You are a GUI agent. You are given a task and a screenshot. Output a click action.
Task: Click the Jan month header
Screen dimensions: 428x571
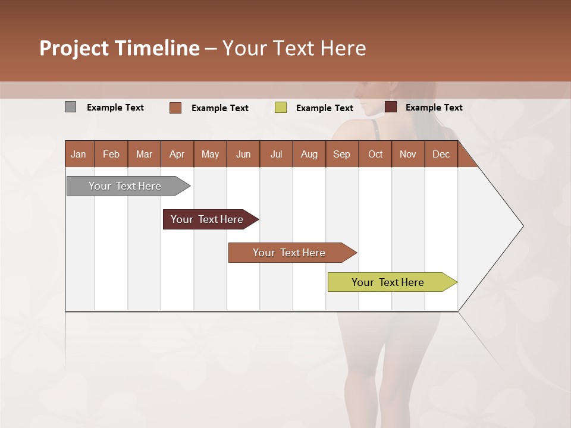(79, 154)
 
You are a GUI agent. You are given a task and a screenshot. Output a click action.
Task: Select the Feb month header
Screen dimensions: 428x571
(111, 154)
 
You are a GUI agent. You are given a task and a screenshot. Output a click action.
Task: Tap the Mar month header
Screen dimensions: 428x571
(144, 154)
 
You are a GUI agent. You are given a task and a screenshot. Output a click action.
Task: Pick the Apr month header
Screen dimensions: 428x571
(177, 154)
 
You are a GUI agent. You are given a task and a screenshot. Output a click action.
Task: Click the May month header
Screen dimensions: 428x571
(210, 154)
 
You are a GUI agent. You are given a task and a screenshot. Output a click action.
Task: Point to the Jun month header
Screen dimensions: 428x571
(243, 154)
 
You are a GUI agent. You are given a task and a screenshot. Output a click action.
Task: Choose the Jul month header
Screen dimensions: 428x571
(276, 154)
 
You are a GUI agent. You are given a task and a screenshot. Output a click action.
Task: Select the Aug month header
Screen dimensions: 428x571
(309, 154)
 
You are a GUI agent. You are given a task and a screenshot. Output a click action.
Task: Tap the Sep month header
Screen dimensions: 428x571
(341, 154)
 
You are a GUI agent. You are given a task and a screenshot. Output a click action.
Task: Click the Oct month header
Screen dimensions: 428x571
(375, 154)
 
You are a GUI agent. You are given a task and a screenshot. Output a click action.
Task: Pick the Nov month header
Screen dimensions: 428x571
(408, 154)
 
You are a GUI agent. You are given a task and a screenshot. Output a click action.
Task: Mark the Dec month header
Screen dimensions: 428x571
(441, 154)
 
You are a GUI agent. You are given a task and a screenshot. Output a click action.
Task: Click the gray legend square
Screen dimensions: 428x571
(70, 107)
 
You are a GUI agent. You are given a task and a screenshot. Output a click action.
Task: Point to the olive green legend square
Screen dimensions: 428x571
(281, 108)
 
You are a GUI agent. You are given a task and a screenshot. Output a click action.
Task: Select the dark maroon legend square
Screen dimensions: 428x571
(391, 107)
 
